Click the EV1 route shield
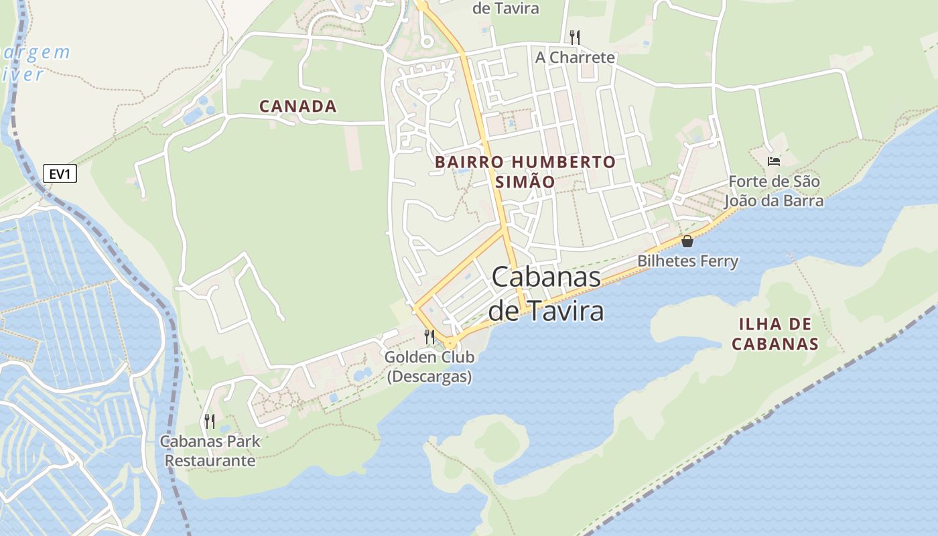pos(60,174)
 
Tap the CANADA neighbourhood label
pos(297,106)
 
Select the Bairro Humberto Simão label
pos(525,172)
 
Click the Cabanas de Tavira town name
pos(546,293)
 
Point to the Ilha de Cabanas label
pos(775,334)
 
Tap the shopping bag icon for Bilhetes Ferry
pos(687,241)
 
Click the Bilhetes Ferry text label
pos(687,261)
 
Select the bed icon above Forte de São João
pos(774,161)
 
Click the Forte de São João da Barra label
pos(774,191)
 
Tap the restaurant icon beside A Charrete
pos(574,36)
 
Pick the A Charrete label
pos(575,58)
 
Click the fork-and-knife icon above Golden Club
pos(429,336)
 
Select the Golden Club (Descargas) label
pos(429,366)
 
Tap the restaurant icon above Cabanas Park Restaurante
pos(210,421)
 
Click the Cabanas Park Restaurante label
pos(210,451)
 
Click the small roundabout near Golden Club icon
pos(450,343)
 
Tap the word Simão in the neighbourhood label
pos(525,182)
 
